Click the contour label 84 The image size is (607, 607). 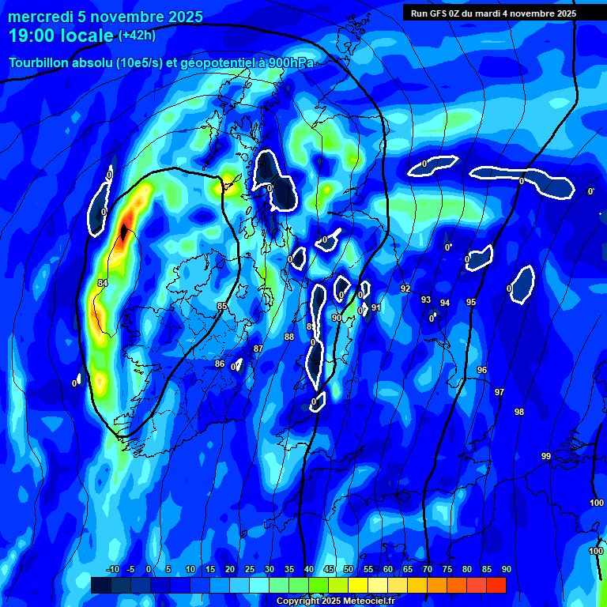click(x=103, y=283)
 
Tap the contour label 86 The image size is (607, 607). click(x=220, y=364)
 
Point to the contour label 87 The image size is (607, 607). click(x=258, y=349)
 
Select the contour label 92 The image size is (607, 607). click(x=405, y=288)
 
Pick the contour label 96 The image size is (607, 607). click(x=482, y=370)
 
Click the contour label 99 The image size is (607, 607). click(x=546, y=456)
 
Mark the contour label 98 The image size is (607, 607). click(x=519, y=412)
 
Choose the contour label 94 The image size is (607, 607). click(x=445, y=303)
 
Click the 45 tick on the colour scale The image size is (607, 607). click(x=329, y=569)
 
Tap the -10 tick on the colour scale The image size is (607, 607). click(x=112, y=569)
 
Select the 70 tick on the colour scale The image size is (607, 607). click(x=428, y=569)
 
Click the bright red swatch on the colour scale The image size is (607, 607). click(x=496, y=585)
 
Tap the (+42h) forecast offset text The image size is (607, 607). click(x=137, y=35)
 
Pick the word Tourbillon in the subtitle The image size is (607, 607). click(x=40, y=63)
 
